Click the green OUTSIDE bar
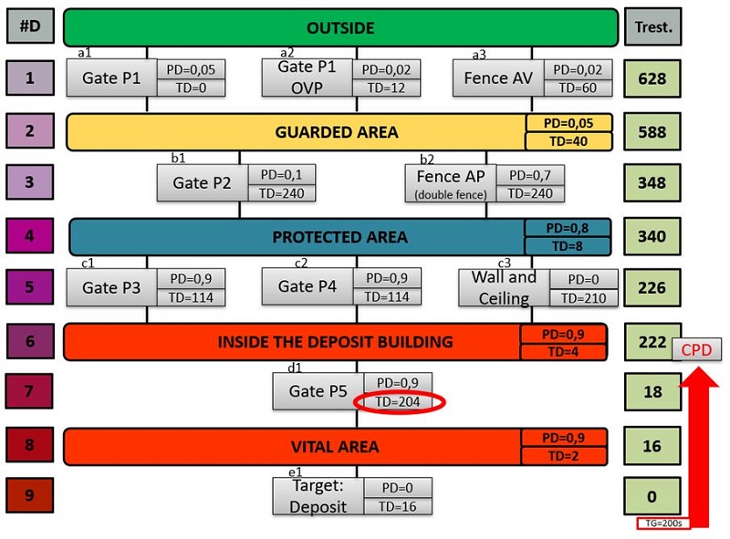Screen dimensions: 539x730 pyautogui.click(x=340, y=27)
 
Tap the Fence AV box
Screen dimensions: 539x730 pyautogui.click(x=498, y=78)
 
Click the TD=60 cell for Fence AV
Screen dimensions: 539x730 pyautogui.click(x=578, y=88)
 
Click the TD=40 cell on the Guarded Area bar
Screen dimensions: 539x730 pyautogui.click(x=568, y=140)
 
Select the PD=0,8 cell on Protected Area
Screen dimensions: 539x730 pyautogui.click(x=567, y=227)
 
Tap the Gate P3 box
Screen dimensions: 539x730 pyautogui.click(x=111, y=287)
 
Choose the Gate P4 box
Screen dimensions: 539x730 pyautogui.click(x=308, y=287)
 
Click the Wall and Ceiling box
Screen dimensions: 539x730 pyautogui.click(x=504, y=287)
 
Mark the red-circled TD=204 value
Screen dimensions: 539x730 pyautogui.click(x=397, y=401)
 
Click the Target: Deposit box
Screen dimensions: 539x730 pyautogui.click(x=318, y=495)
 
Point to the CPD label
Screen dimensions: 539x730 pyautogui.click(x=696, y=349)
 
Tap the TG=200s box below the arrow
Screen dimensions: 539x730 pyautogui.click(x=662, y=524)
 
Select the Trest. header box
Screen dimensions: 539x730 pyautogui.click(x=652, y=27)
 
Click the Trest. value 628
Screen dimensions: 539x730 pyautogui.click(x=652, y=78)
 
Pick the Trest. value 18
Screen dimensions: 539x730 pyautogui.click(x=652, y=391)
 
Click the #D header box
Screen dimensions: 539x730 pyautogui.click(x=29, y=27)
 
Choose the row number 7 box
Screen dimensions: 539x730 pyautogui.click(x=29, y=391)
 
